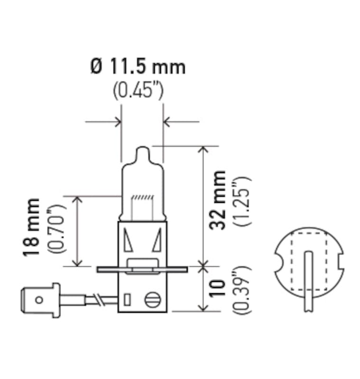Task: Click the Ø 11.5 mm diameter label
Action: tap(138, 67)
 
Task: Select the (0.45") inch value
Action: tap(138, 90)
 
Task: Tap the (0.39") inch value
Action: tap(241, 290)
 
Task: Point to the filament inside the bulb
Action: tap(143, 197)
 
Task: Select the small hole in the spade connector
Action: tap(39, 299)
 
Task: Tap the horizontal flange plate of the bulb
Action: tap(142, 270)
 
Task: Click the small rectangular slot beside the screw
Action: tap(127, 300)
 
